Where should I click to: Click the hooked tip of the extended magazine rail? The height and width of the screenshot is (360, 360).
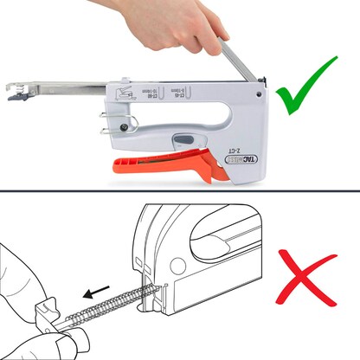15,91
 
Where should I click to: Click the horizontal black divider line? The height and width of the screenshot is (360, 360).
180,193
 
